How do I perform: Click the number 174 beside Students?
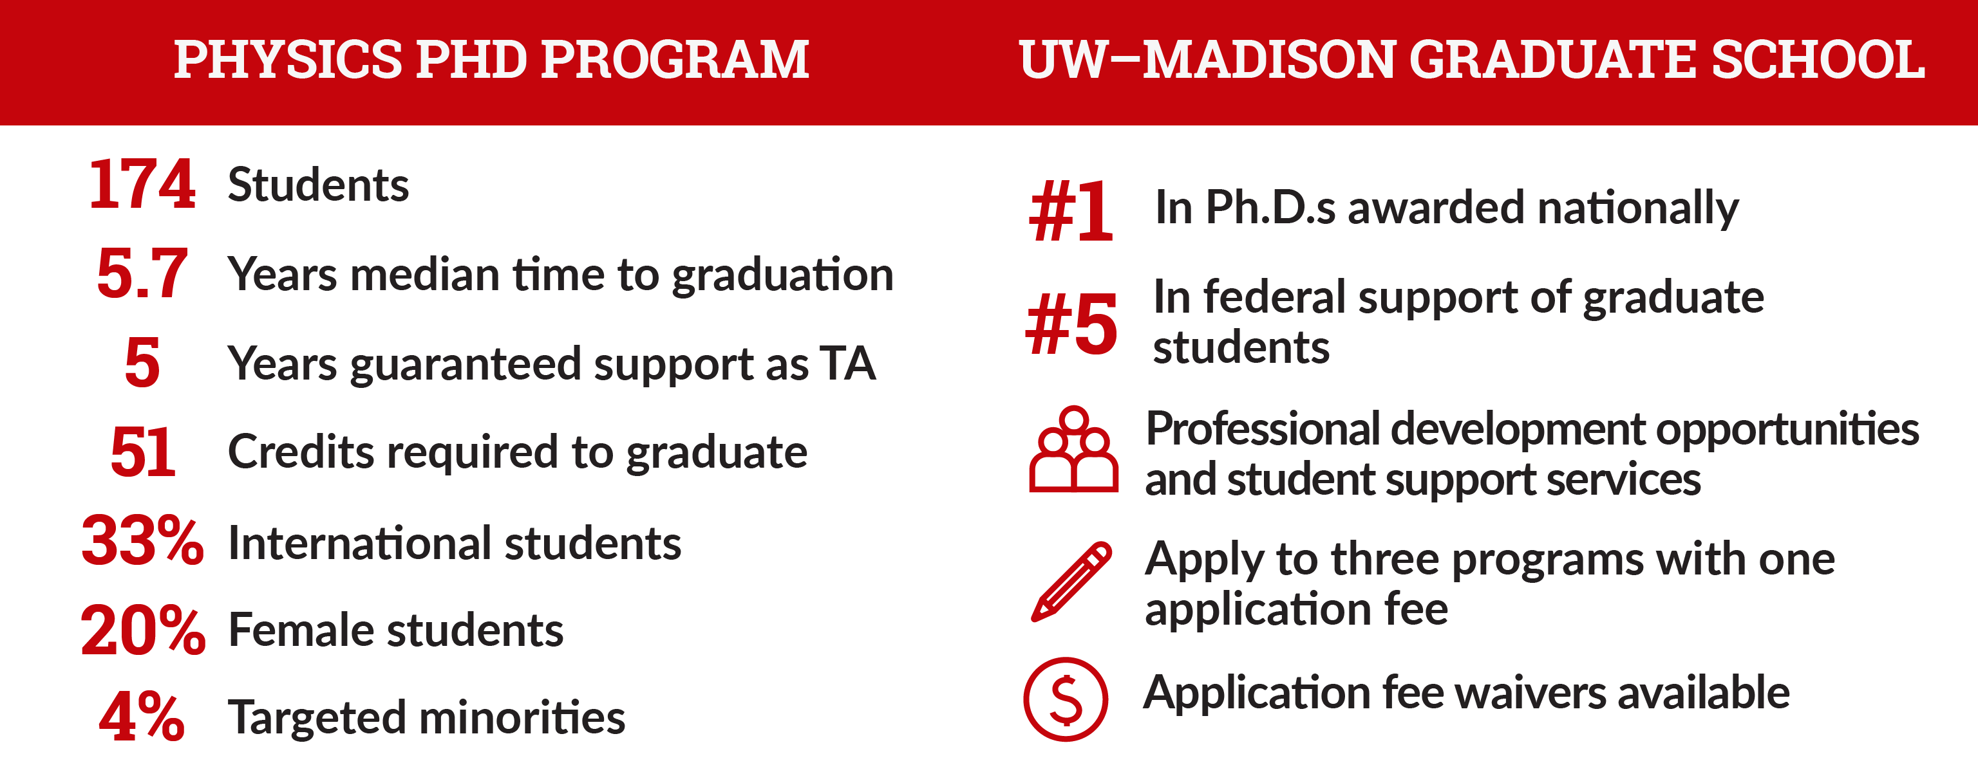click(x=142, y=184)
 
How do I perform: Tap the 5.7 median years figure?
click(x=142, y=273)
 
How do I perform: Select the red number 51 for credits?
click(x=143, y=452)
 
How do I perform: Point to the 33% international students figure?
click(x=143, y=541)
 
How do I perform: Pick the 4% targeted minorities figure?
click(x=142, y=717)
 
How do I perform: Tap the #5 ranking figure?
click(x=1072, y=326)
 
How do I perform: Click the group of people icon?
click(x=1073, y=449)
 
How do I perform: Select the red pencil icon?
click(x=1070, y=581)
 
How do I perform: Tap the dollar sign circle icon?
click(x=1066, y=699)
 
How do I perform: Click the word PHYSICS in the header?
click(x=288, y=59)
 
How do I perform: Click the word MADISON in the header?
click(x=1268, y=59)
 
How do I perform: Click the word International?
click(x=360, y=544)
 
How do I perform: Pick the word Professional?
click(x=1263, y=429)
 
